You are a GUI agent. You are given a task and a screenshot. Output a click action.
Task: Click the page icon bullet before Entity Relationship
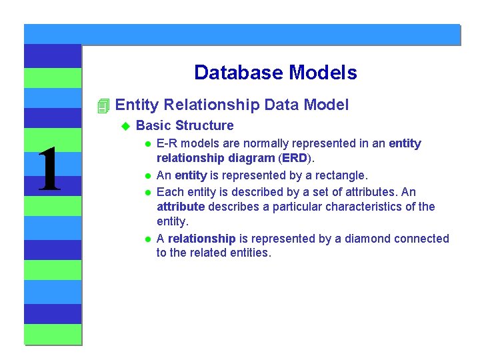(x=103, y=105)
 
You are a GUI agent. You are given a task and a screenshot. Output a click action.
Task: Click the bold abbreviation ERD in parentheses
(x=294, y=159)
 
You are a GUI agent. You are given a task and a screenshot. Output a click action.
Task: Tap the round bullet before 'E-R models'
(x=148, y=144)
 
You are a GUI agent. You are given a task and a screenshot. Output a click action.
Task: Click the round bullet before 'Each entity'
(x=148, y=192)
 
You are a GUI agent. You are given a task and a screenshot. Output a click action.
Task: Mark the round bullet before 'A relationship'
(x=148, y=239)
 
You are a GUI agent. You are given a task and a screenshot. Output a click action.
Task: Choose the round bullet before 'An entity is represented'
(x=148, y=176)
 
